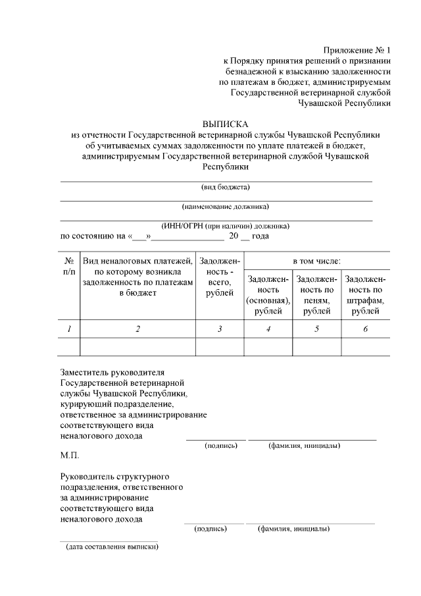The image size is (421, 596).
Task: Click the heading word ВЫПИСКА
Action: (226, 123)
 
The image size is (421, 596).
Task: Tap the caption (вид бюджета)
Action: (216, 187)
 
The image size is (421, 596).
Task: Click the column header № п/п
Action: (69, 266)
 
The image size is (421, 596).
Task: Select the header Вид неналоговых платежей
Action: (137, 261)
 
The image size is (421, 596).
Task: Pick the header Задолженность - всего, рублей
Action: (220, 277)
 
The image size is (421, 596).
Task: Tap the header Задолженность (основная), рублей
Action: (268, 295)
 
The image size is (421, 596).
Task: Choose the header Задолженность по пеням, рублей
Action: (316, 295)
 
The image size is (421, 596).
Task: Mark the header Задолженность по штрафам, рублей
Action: (365, 295)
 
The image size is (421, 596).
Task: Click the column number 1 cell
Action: (69, 329)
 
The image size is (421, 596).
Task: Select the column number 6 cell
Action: (365, 329)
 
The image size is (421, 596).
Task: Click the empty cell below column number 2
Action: (137, 346)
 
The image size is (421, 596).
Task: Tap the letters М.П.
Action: (69, 455)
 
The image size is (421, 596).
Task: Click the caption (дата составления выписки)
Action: (111, 547)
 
